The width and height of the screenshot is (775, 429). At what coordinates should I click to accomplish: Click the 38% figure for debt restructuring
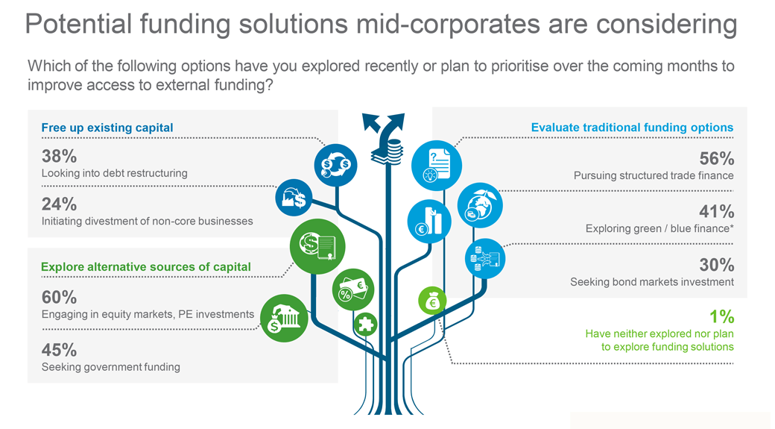[x=60, y=156]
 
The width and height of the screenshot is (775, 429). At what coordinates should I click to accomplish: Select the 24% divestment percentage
[x=60, y=204]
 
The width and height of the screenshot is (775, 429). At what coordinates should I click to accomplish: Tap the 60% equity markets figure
[x=60, y=298]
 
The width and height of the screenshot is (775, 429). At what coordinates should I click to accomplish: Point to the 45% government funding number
[x=60, y=349]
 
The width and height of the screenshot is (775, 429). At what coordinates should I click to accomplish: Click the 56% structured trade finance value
[x=716, y=158]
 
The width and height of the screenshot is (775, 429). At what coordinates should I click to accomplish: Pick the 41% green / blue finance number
[x=716, y=211]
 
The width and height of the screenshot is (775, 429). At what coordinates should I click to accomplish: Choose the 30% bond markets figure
[x=716, y=265]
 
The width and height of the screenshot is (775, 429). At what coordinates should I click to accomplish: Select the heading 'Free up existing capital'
[x=107, y=128]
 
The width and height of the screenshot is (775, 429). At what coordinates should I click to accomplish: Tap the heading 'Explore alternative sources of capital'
[x=146, y=266]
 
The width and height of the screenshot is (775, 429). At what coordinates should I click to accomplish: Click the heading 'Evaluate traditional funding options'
[x=632, y=128]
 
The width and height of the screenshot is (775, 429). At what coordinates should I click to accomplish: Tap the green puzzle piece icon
[x=365, y=324]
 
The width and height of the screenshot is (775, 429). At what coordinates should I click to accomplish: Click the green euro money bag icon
[x=433, y=301]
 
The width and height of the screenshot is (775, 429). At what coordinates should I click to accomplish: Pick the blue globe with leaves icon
[x=479, y=205]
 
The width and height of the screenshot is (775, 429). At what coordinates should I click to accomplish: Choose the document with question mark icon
[x=437, y=164]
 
